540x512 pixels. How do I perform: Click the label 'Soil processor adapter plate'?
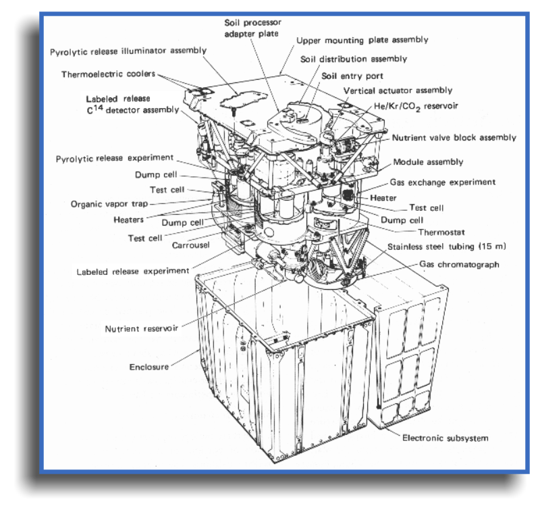click(x=252, y=28)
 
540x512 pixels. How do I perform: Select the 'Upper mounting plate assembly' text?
click(x=362, y=41)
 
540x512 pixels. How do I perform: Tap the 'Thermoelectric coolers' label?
click(x=108, y=74)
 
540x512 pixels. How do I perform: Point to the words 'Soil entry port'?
click(x=352, y=76)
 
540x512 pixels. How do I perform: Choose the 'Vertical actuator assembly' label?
click(x=398, y=91)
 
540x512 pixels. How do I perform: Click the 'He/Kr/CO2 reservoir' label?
click(x=416, y=107)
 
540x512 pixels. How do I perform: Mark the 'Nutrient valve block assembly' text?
click(x=454, y=138)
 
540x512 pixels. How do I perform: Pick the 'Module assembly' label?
click(x=428, y=162)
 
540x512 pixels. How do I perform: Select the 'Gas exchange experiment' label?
click(x=443, y=182)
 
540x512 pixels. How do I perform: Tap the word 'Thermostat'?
click(x=441, y=232)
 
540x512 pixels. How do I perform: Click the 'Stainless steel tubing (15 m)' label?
click(x=447, y=247)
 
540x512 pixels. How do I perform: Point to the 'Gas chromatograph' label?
click(x=459, y=265)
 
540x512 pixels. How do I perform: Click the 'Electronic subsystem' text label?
click(x=446, y=438)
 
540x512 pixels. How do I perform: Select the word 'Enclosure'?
click(x=149, y=367)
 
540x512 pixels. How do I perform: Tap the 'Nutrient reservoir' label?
click(x=142, y=329)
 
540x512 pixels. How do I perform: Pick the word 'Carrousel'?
click(x=190, y=245)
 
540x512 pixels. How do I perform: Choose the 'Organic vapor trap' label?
click(x=109, y=204)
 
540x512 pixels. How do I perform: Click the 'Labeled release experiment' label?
click(x=132, y=272)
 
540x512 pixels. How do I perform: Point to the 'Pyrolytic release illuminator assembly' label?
click(x=128, y=51)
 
